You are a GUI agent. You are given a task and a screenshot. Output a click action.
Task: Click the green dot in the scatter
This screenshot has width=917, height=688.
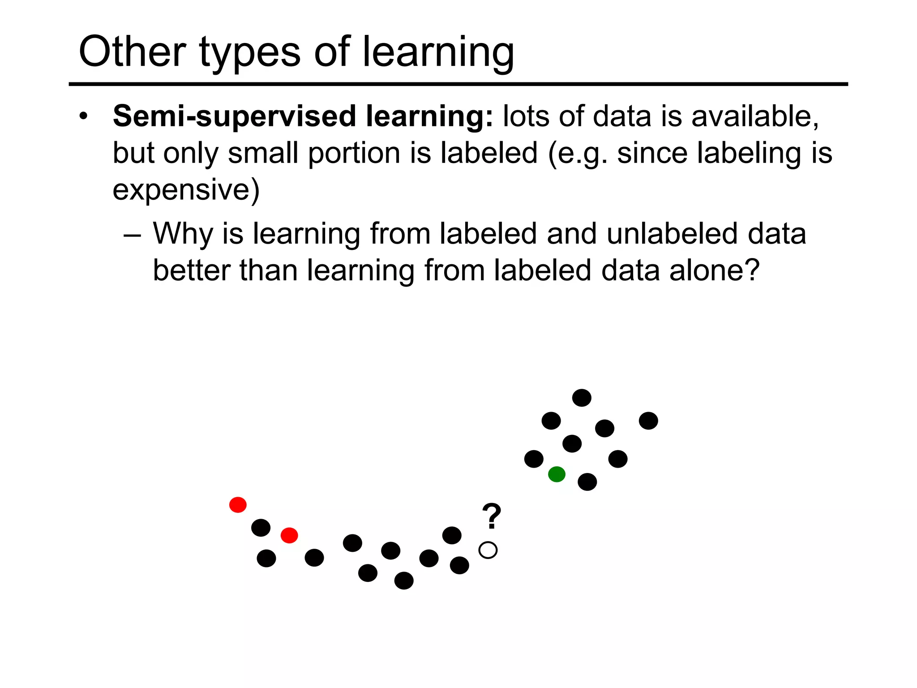point(557,474)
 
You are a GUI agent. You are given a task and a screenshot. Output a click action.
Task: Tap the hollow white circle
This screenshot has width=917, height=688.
point(488,550)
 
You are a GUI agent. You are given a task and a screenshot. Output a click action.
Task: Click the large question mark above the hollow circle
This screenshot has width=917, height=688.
point(491,516)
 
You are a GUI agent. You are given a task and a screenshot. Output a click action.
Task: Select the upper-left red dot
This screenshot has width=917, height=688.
point(238,505)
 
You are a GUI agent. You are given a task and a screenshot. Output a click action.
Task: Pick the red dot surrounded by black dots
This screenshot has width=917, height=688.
point(289,535)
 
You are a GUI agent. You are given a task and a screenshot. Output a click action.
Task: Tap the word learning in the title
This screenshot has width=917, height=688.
point(438,53)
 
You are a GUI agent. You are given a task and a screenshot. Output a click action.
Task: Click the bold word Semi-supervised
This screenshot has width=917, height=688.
point(235,116)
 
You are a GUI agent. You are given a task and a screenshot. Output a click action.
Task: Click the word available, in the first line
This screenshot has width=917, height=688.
point(755,116)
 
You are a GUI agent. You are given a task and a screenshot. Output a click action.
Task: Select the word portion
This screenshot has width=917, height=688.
point(354,153)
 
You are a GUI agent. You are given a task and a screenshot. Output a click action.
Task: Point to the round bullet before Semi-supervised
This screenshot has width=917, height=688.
point(83,117)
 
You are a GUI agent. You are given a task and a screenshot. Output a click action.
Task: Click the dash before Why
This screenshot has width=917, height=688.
point(133,235)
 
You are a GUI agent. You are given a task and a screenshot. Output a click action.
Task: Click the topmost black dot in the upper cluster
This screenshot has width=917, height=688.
point(582,398)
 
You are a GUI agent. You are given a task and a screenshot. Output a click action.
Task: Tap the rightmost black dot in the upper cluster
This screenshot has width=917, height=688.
point(648,421)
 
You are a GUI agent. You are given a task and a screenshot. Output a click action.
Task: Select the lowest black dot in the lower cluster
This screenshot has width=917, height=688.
point(403,580)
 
